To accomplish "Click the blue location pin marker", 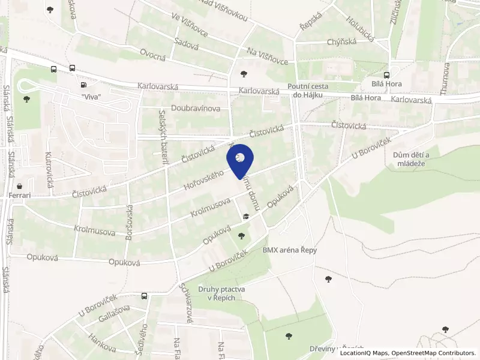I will (240, 160).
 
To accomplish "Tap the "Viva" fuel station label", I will (91, 97).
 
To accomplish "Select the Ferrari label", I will (20, 196).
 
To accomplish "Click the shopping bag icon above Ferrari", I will (21, 185).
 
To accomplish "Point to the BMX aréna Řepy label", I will (289, 250).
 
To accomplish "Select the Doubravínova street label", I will (195, 109).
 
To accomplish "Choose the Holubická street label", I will (360, 28).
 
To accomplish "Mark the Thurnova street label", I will (445, 78).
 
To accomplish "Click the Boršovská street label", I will (129, 223).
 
